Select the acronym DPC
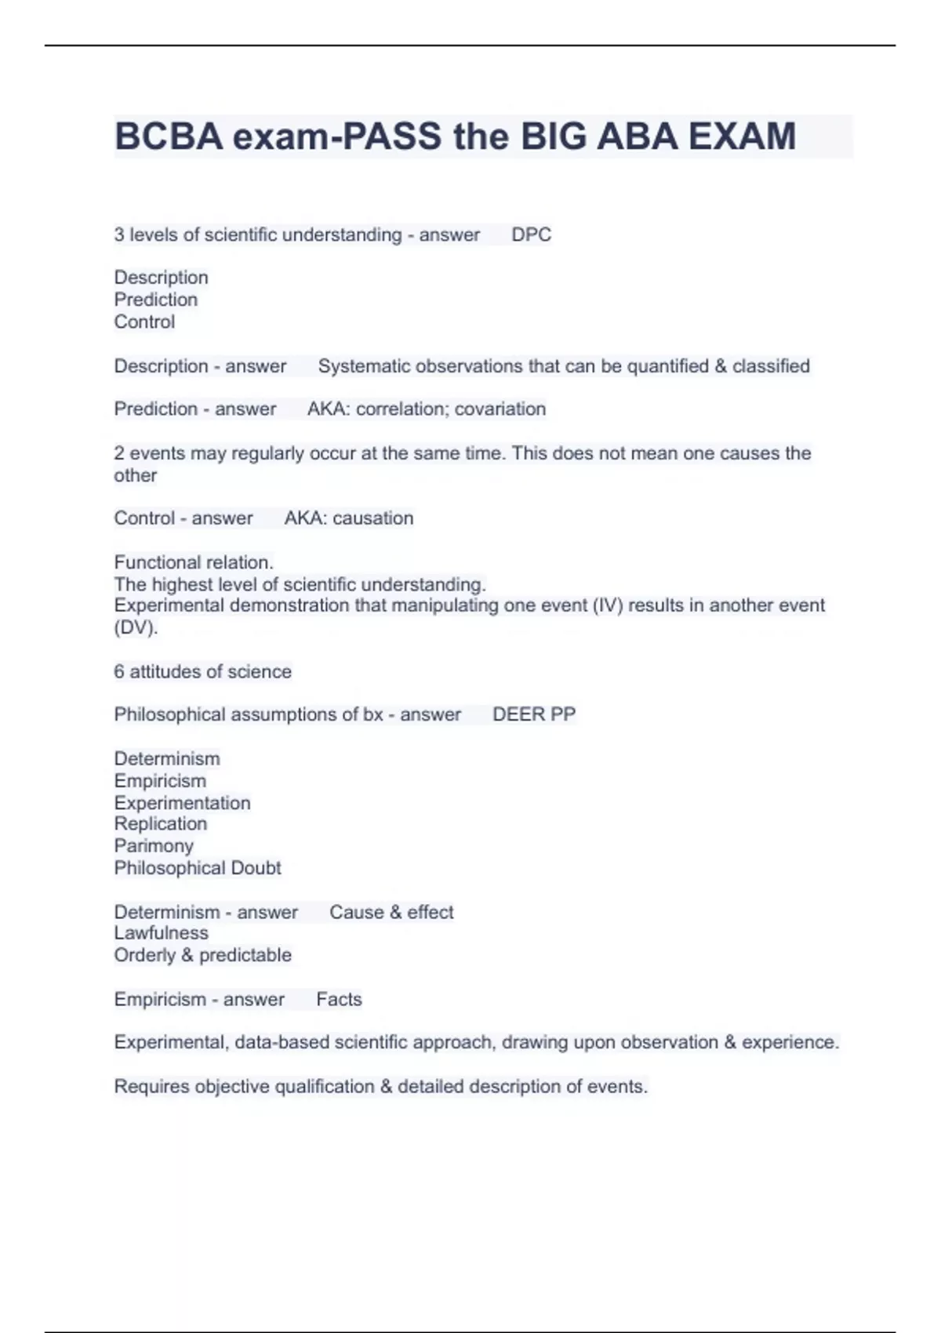531,234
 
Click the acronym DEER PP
533,714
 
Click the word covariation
500,409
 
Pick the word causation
372,518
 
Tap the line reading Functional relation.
194,562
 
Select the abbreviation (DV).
136,627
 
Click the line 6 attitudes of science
202,672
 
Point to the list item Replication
161,824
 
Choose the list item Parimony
154,846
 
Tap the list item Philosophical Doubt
198,868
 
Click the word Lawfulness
161,933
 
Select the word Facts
339,1000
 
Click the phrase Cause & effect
391,913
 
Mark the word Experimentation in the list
182,803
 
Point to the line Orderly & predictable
202,955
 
